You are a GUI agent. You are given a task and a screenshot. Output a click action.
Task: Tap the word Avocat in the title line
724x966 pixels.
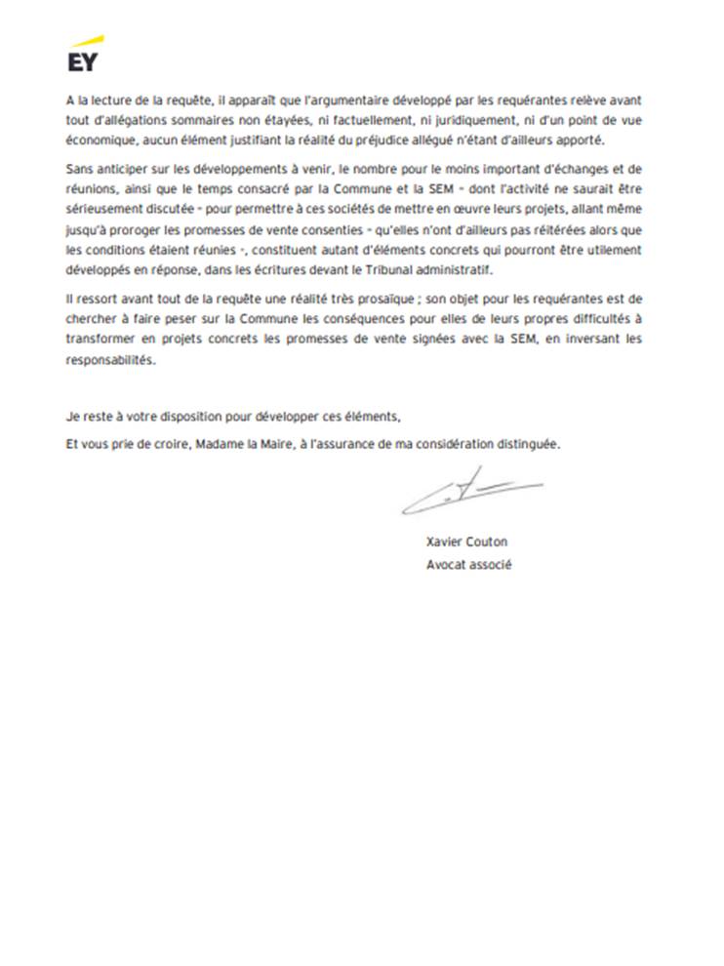(x=446, y=564)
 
